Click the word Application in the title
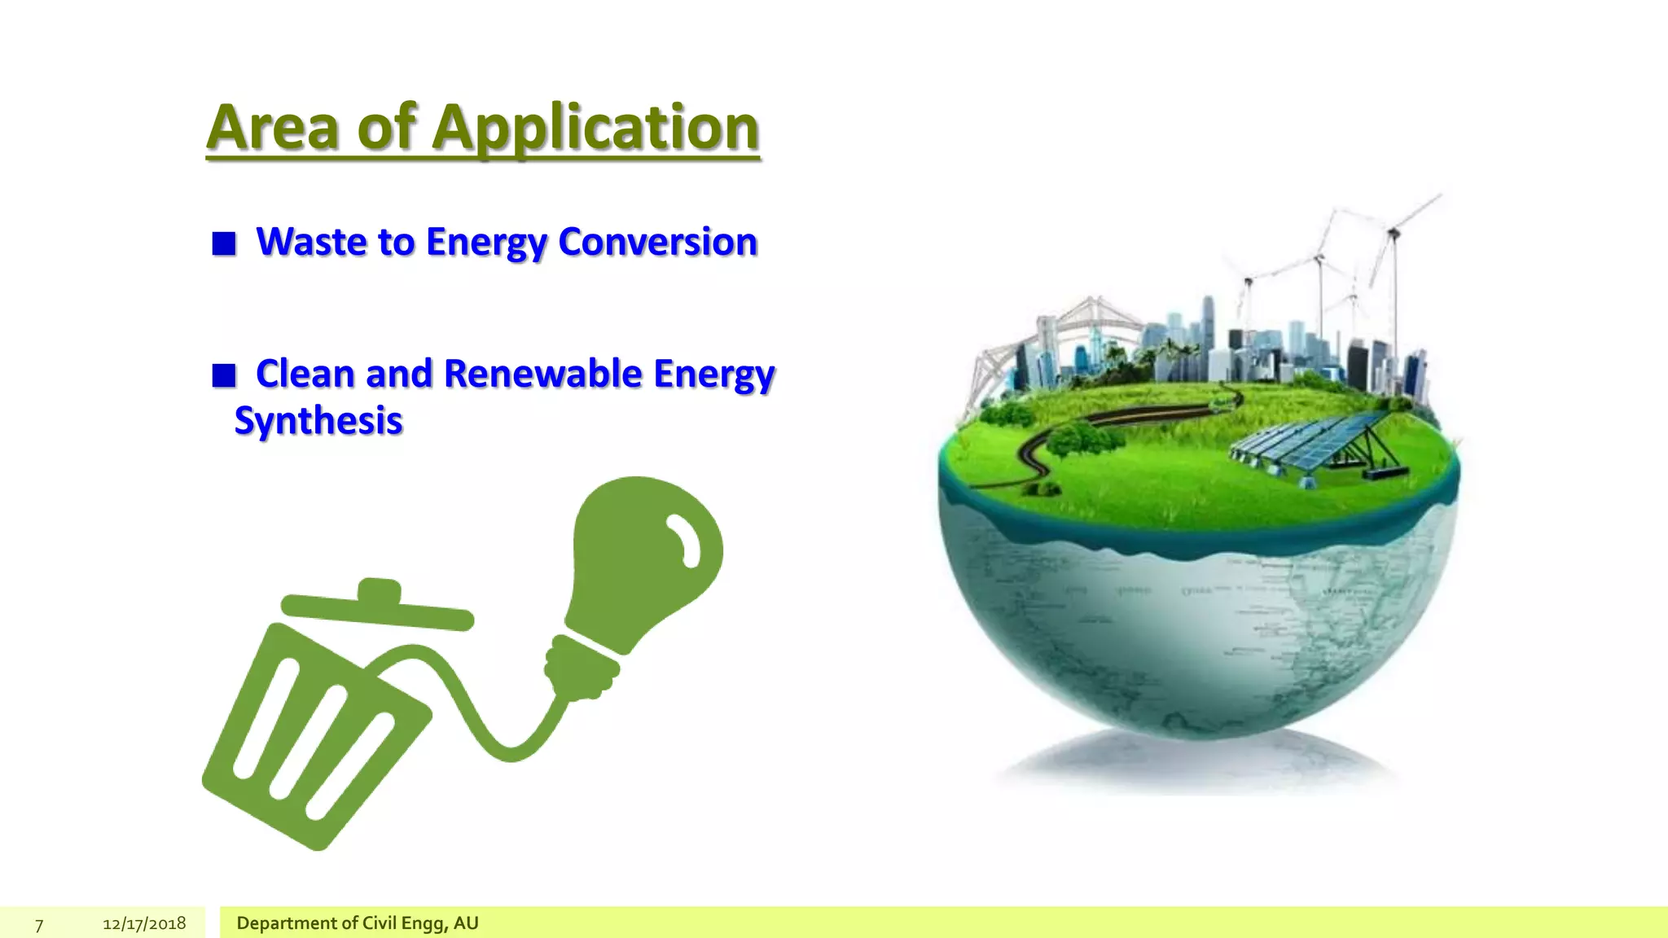pos(595,128)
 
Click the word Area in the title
pos(272,128)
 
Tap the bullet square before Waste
pos(224,243)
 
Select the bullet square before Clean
pos(224,375)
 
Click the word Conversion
pos(657,242)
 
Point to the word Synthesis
pos(318,421)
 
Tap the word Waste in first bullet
pos(311,242)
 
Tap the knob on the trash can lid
pos(380,590)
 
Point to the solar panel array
pos(1311,444)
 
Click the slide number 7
pos(38,924)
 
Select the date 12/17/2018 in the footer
pos(144,923)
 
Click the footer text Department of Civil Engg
pos(357,923)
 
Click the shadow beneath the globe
pos(1197,761)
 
